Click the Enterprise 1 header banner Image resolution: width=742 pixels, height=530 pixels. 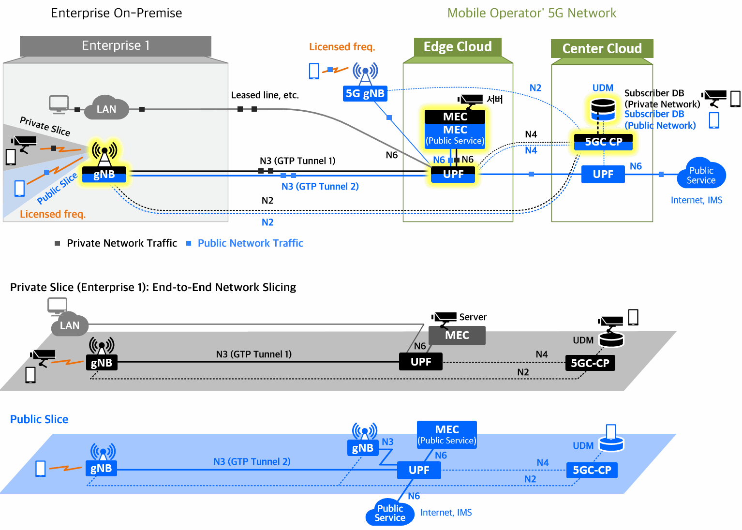(116, 46)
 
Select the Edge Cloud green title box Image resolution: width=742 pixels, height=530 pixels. (458, 47)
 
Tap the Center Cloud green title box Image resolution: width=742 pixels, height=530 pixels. (602, 49)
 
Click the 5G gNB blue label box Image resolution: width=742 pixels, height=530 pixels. (365, 93)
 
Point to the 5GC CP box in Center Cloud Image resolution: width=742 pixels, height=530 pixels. (603, 142)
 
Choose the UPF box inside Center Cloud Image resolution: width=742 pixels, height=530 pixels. (603, 175)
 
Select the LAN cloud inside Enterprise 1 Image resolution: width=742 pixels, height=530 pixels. (106, 109)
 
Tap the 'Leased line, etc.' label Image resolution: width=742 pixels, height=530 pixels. (265, 95)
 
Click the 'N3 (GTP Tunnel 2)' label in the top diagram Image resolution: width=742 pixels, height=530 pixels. (320, 187)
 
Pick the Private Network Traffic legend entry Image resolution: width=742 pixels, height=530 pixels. (116, 243)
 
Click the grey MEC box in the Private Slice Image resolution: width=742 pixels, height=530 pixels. (457, 335)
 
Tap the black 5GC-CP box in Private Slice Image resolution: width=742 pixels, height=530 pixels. (590, 363)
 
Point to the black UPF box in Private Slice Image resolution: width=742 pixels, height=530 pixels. (420, 362)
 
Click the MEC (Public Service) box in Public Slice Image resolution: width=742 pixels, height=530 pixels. (446, 434)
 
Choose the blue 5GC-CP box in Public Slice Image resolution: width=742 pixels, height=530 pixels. (592, 470)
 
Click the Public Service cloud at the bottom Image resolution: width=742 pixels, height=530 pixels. (390, 513)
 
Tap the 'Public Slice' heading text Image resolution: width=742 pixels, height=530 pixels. (39, 419)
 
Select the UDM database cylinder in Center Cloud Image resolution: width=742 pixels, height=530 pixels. (603, 109)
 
